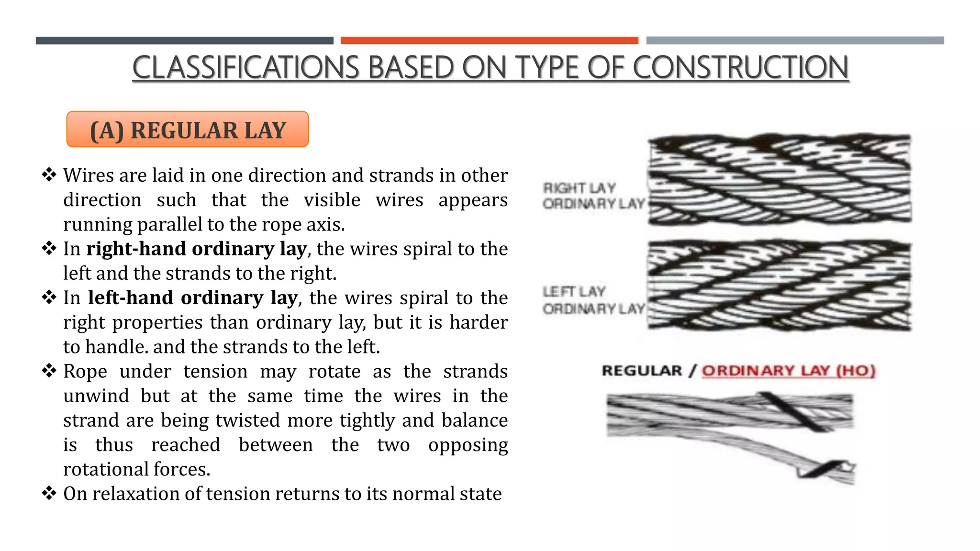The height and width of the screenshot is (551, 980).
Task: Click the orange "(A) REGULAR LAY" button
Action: (188, 130)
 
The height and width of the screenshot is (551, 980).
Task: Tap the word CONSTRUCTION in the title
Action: (740, 67)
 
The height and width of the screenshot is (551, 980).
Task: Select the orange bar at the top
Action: (489, 41)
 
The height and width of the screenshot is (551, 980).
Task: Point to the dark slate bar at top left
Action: (184, 41)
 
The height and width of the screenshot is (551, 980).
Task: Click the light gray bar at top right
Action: (795, 41)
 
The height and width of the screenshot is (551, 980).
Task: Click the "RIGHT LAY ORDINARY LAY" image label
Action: (593, 196)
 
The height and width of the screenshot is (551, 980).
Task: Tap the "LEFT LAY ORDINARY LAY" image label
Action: (593, 300)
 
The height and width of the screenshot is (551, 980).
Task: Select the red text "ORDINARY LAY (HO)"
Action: (788, 371)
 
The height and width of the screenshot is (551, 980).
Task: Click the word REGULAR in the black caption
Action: (642, 371)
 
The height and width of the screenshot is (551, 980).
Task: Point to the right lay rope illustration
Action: (779, 179)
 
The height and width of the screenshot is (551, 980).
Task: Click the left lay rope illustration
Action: (779, 286)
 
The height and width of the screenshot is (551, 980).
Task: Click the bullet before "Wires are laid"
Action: (49, 175)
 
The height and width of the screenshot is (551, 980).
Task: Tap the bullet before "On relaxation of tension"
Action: (49, 493)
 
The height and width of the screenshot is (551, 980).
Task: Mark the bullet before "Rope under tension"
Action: (49, 370)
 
